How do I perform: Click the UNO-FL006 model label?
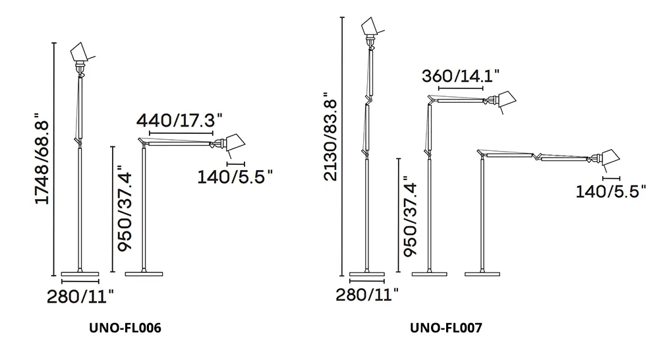pos(125,328)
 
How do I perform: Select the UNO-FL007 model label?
pos(446,328)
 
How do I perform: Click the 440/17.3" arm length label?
pos(179,120)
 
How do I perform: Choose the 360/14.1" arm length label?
pos(461,76)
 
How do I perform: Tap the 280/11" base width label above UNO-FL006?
pos(80,297)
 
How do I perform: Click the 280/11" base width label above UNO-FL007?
pos(367,294)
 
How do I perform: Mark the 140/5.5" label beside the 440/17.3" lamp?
pos(235,177)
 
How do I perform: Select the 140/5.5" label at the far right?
pos(611,192)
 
